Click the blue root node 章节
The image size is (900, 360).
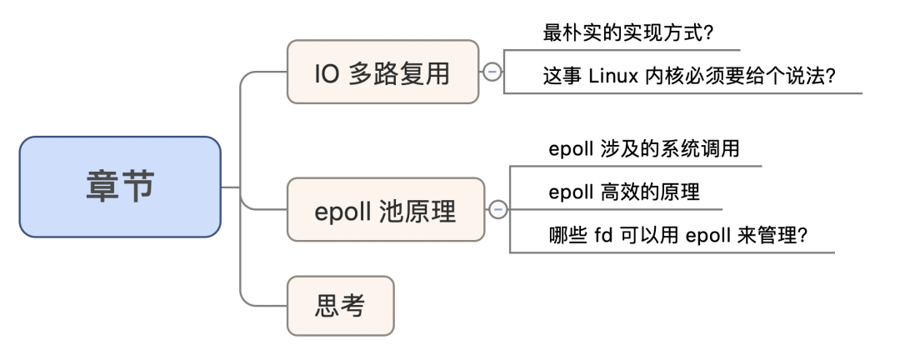pos(120,187)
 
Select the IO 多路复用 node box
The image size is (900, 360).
pos(382,73)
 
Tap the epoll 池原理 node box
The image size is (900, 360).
pos(385,210)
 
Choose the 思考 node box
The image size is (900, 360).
pos(339,306)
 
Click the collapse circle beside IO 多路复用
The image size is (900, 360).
pos(492,72)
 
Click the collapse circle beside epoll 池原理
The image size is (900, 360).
pos(497,209)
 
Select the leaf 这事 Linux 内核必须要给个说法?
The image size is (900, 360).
pos(689,76)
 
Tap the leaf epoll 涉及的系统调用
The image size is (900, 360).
pos(644,149)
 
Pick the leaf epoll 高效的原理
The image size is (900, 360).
pos(624,192)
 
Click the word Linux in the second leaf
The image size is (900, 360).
pos(613,76)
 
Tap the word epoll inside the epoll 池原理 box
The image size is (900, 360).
pos(342,211)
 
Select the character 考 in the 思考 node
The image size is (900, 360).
pos(353,306)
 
